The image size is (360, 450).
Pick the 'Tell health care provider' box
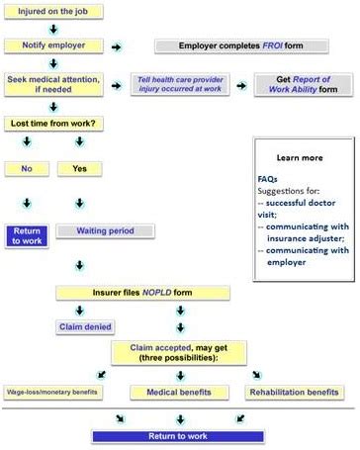click(179, 86)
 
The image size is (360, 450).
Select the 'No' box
click(28, 168)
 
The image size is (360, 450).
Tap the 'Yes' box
click(80, 168)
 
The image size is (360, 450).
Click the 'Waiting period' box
click(103, 231)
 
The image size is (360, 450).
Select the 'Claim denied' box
click(89, 326)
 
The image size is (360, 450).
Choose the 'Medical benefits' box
click(179, 392)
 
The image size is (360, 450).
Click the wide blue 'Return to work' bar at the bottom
click(179, 436)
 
